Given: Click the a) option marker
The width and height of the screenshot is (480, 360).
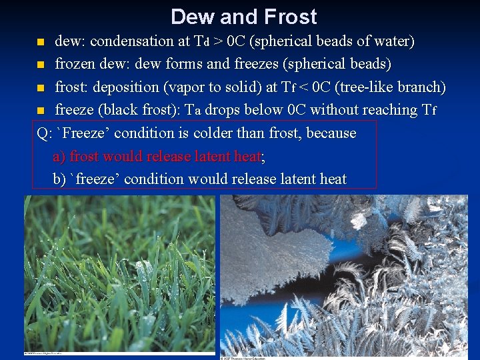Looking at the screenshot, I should click(x=59, y=157).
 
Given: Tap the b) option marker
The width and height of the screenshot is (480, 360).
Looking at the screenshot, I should click(x=60, y=179).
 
